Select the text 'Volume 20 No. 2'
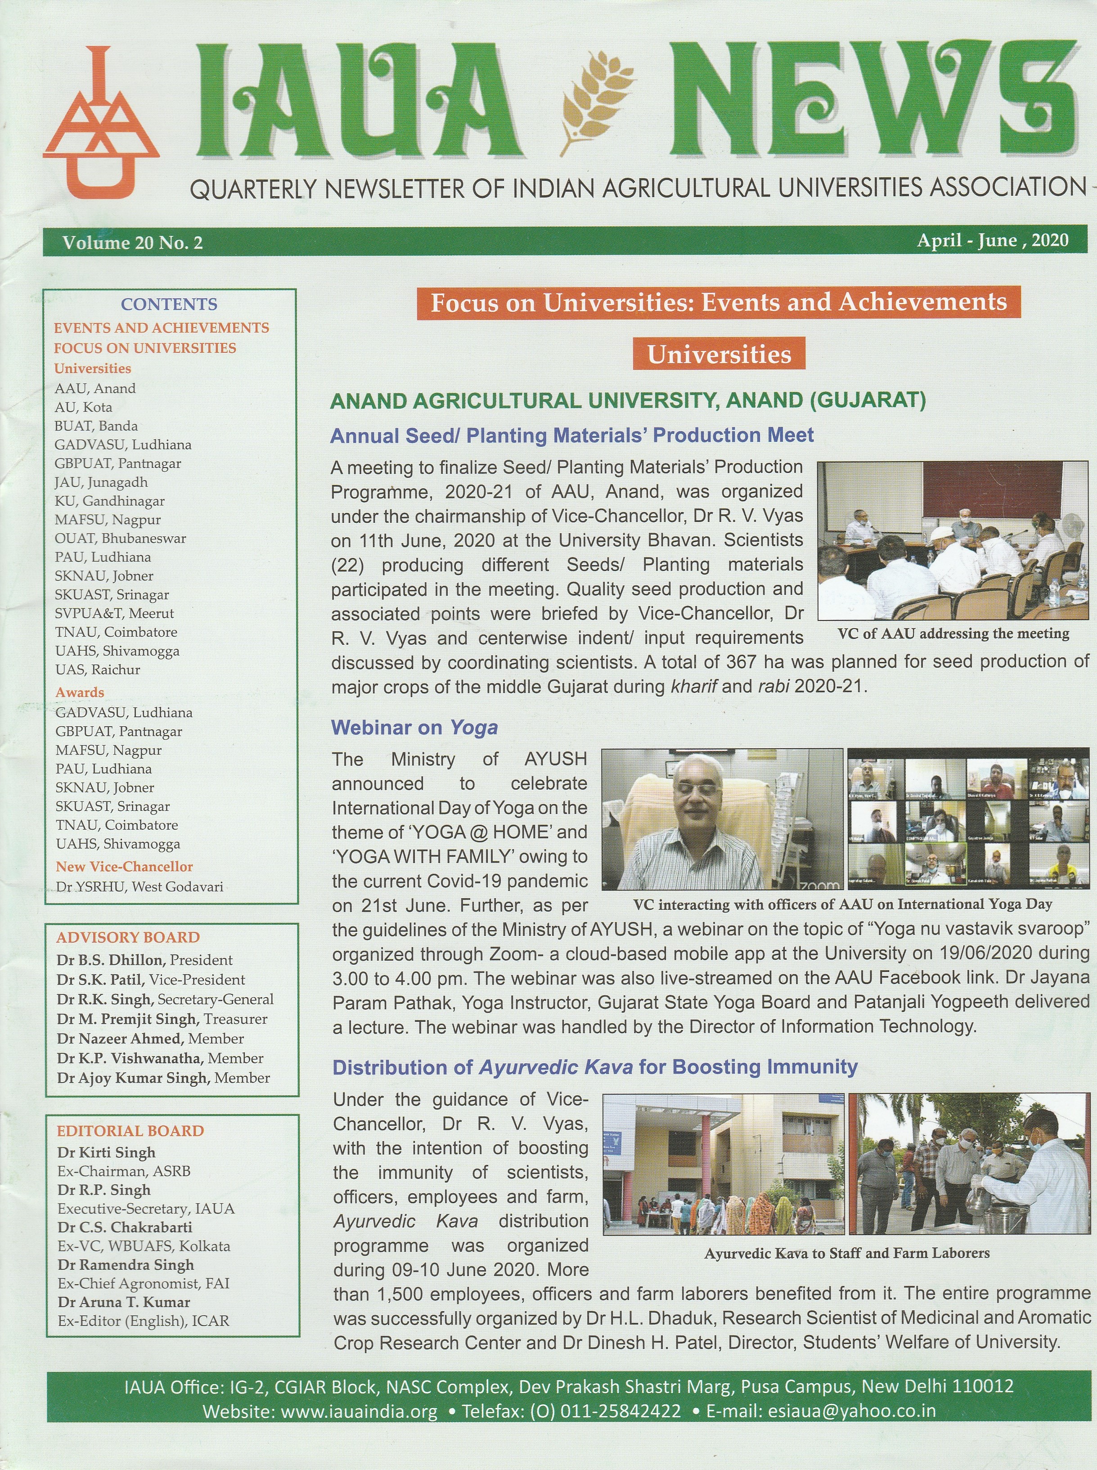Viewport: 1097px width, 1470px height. click(x=133, y=243)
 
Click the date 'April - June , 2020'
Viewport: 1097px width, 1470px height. click(x=993, y=240)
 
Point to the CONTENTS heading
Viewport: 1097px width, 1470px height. click(x=169, y=304)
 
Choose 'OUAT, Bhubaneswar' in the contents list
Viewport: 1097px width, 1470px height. click(x=120, y=539)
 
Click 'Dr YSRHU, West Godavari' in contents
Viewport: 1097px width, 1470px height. click(x=139, y=886)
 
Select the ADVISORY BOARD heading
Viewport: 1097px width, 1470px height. click(x=128, y=938)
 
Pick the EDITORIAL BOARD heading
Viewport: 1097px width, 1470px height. click(x=130, y=1131)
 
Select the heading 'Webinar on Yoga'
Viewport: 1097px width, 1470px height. click(x=414, y=728)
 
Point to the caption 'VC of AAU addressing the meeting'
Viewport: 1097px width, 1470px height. click(x=953, y=634)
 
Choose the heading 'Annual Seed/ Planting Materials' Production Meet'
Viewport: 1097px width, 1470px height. click(x=572, y=436)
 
